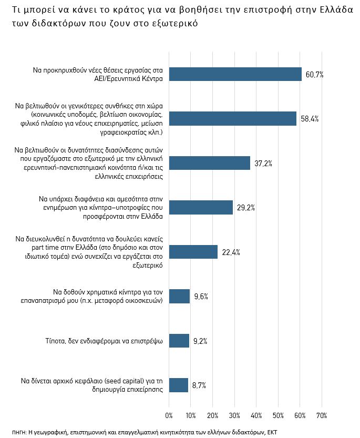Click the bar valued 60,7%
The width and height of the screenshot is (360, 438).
(235, 74)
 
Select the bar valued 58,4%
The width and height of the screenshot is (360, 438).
(233, 118)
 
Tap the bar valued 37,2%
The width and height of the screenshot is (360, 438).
(210, 163)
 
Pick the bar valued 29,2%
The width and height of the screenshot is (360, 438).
(201, 207)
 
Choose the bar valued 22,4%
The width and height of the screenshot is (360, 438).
(193, 252)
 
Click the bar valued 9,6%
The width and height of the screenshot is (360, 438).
(179, 296)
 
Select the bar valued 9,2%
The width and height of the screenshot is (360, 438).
(179, 341)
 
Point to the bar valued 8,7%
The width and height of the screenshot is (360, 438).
(178, 385)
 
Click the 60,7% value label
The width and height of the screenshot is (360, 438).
(314, 75)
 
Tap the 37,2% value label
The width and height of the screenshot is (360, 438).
(263, 164)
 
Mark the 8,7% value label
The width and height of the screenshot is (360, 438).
(199, 385)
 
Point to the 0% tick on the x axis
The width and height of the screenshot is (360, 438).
(169, 415)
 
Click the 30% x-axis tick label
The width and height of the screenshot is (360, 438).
(234, 415)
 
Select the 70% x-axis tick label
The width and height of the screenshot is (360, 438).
(322, 415)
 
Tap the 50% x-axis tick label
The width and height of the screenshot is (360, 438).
(278, 415)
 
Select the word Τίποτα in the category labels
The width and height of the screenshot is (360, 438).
(58, 341)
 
